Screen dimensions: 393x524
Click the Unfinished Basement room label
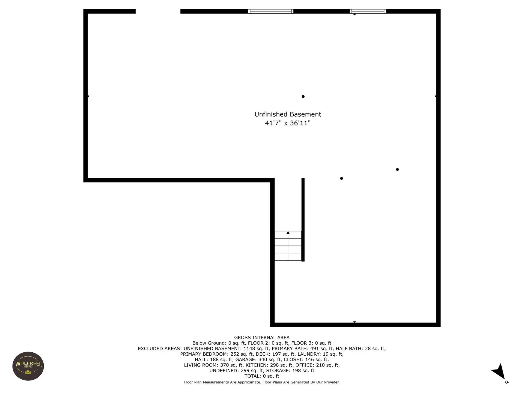tap(288, 114)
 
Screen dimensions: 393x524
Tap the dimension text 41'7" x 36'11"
tap(288, 123)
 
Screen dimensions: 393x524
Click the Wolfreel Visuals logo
tap(28, 366)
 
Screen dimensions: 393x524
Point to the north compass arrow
tap(499, 372)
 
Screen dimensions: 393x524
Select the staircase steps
tap(288, 246)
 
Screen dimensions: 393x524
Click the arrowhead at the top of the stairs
tap(288, 233)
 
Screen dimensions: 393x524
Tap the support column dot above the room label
tap(303, 97)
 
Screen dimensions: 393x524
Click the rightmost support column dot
tap(397, 169)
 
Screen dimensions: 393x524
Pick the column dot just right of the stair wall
tap(341, 178)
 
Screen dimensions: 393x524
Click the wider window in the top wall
tap(270, 11)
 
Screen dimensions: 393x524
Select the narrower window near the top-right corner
tap(368, 11)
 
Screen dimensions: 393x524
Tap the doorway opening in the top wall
tap(158, 11)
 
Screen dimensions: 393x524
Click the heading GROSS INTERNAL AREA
tap(262, 338)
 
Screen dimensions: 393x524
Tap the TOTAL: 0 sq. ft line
tap(262, 376)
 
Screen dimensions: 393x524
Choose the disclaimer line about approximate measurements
tap(262, 382)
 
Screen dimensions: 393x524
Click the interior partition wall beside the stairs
tap(303, 220)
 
